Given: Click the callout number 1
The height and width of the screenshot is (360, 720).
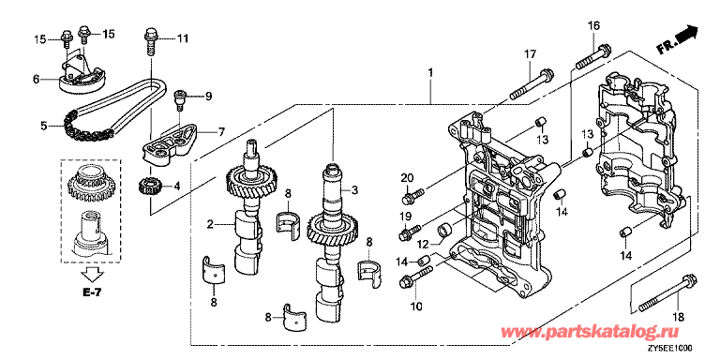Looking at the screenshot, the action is (430, 72).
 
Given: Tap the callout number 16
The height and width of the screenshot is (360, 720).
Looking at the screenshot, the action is (593, 25).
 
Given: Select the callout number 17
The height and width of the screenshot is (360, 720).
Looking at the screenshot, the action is (531, 54).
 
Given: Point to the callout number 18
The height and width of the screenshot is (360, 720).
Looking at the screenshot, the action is (678, 316).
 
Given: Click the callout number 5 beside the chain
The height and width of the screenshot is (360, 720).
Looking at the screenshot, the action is (44, 125).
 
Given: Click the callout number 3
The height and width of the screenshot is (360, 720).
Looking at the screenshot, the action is (354, 189).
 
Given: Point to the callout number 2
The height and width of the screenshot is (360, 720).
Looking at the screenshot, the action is (210, 225).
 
